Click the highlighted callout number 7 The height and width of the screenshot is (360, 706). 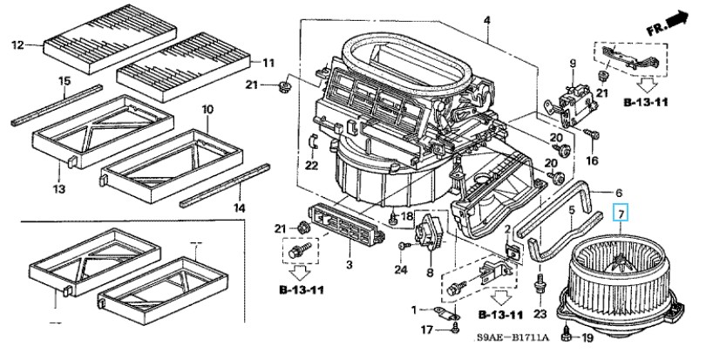(621, 214)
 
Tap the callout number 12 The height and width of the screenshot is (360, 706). (17, 45)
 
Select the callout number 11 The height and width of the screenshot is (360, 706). (268, 63)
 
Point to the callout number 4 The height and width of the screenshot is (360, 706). (487, 21)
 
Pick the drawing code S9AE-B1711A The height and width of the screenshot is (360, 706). (512, 337)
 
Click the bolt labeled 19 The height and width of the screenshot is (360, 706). (566, 336)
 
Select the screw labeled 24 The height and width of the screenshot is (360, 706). (404, 246)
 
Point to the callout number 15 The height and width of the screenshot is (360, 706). (64, 81)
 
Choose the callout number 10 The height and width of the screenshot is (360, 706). (207, 110)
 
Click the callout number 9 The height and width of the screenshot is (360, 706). (573, 64)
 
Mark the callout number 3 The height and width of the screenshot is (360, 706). (350, 265)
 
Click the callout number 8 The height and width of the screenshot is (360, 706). (430, 273)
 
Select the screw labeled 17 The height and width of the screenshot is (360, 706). (455, 330)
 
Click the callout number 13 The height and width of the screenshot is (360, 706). (59, 189)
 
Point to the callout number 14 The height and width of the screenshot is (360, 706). (239, 207)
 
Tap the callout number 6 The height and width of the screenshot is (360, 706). (619, 194)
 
